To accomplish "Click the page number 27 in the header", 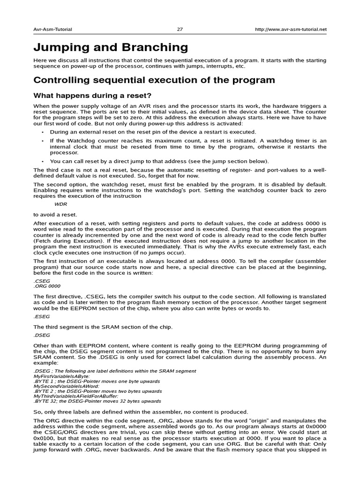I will (180, 29).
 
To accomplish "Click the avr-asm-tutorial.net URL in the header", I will (291, 29).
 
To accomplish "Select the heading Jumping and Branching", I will (111, 47).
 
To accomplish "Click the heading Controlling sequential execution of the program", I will (154, 80).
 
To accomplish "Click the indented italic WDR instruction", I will (61, 204).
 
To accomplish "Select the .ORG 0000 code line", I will (47, 285).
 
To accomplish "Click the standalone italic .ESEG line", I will (41, 316).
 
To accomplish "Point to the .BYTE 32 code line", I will (97, 401).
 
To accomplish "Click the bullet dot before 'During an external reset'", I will (42, 132).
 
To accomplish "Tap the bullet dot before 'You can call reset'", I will (42, 161).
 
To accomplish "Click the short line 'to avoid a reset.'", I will (55, 214).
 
